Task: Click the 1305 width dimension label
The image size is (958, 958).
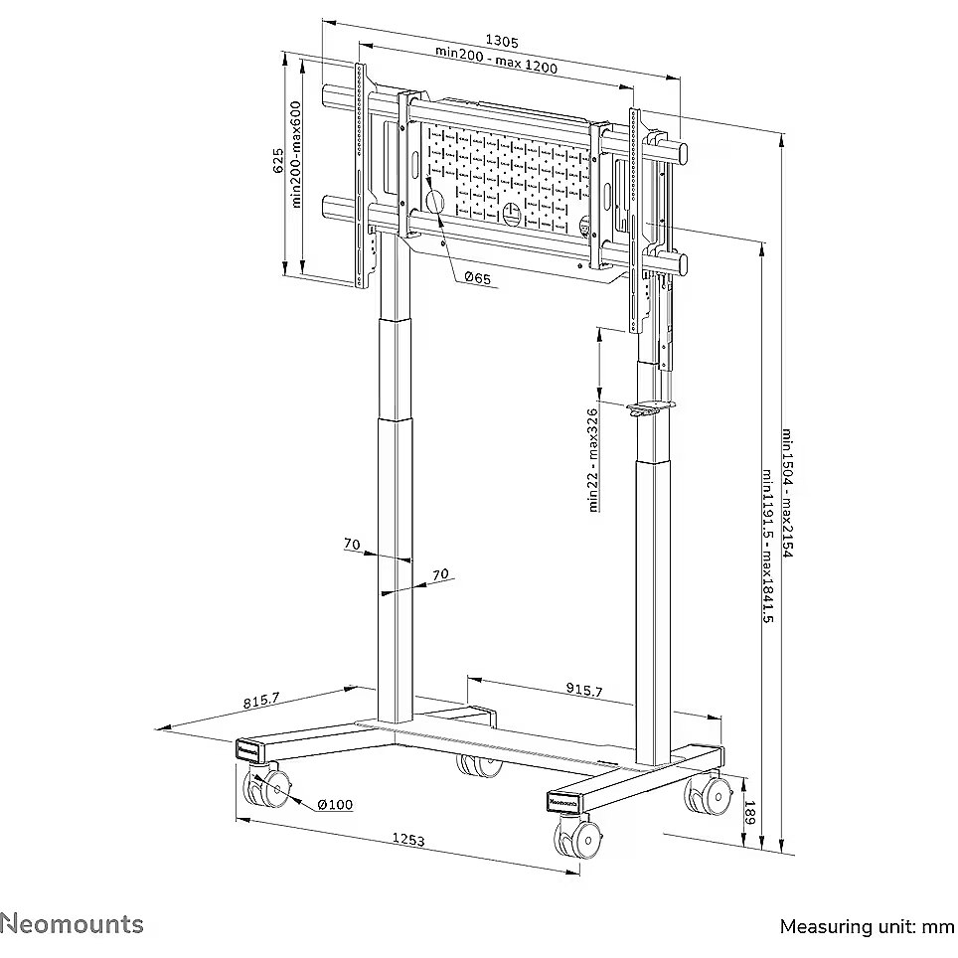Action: [x=502, y=41]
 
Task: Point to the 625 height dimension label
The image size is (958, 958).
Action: [x=279, y=160]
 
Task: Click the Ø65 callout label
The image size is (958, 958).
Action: [x=477, y=279]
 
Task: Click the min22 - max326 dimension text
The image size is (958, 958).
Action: [x=593, y=459]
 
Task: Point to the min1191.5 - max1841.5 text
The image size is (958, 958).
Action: [x=766, y=546]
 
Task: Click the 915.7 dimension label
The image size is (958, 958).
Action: [x=582, y=691]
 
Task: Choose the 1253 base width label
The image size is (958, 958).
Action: [x=408, y=841]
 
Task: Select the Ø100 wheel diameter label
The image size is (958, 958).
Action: [x=336, y=804]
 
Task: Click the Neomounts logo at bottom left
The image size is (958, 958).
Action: [x=72, y=924]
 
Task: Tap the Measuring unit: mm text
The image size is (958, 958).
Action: [x=866, y=927]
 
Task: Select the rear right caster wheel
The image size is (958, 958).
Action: [x=704, y=796]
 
